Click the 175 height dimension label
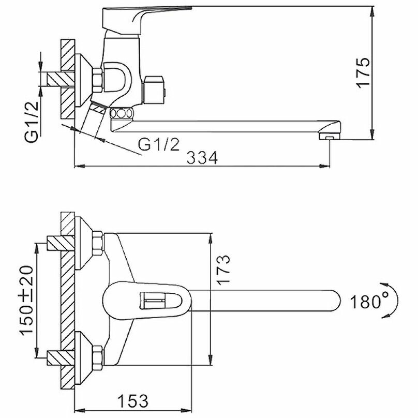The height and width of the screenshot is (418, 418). click(x=364, y=72)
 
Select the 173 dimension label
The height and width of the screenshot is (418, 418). click(x=223, y=269)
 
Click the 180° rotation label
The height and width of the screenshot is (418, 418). click(x=368, y=301)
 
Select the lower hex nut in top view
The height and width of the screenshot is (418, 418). click(x=97, y=357)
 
